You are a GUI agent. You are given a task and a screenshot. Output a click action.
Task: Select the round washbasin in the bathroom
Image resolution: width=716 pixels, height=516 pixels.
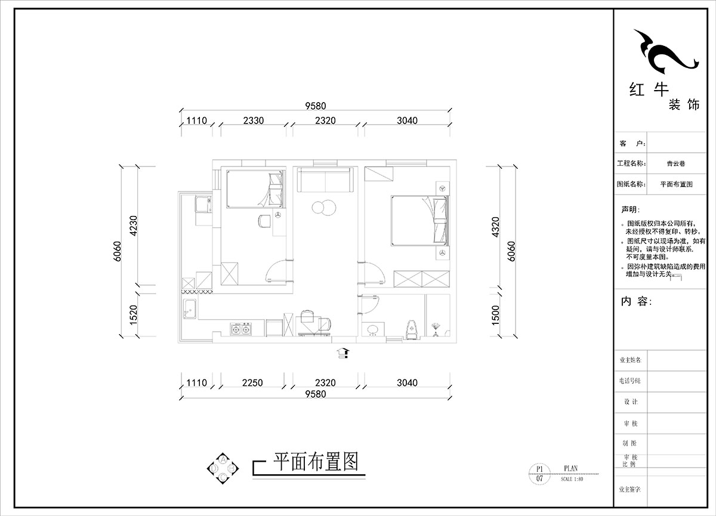[374, 329]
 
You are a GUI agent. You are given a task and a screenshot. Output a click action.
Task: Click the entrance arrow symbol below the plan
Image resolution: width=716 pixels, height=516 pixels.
[342, 352]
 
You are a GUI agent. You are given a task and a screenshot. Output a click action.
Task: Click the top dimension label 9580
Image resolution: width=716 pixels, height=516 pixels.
[316, 106]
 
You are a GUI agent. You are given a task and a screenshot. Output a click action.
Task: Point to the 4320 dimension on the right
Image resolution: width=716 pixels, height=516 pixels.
[494, 227]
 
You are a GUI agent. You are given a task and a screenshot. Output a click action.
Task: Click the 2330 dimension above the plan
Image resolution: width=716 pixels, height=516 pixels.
[254, 120]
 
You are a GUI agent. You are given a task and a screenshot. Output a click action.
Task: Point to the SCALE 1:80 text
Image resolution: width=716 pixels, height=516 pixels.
[572, 479]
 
